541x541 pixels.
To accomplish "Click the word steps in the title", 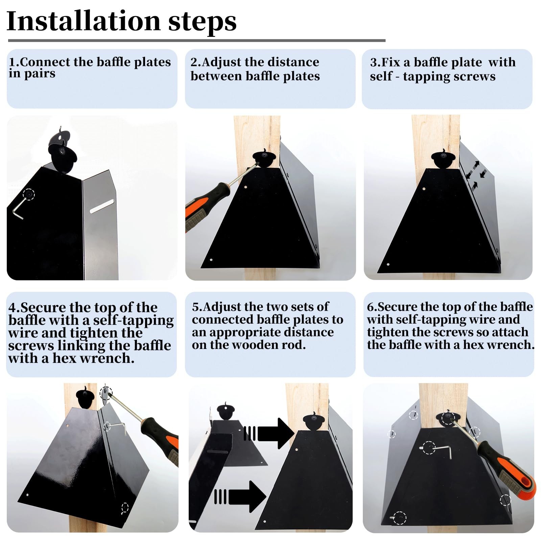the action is [x=202, y=22].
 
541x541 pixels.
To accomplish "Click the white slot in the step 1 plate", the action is [x=102, y=207].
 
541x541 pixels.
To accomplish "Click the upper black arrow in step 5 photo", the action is [x=269, y=433].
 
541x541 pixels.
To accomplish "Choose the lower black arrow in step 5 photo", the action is [x=240, y=496].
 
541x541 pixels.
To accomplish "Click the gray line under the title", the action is [x=196, y=41].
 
